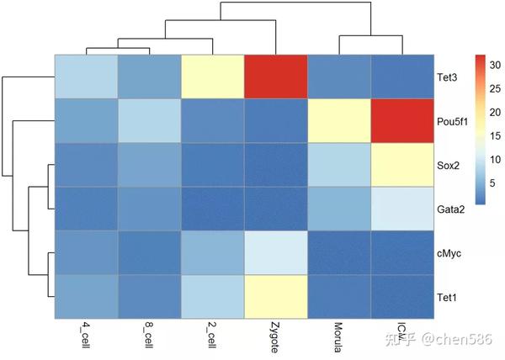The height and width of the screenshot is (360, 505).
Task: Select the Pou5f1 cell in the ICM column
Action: [402, 121]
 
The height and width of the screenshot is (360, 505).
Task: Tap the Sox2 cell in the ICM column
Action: [402, 165]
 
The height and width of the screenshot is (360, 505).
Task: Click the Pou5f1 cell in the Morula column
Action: [339, 121]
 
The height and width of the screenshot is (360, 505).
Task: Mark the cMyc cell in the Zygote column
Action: [276, 252]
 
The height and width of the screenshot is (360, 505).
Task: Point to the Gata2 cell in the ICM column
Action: [402, 209]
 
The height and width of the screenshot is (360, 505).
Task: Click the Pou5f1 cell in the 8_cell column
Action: [150, 121]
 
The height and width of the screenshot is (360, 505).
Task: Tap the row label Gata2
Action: [450, 209]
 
